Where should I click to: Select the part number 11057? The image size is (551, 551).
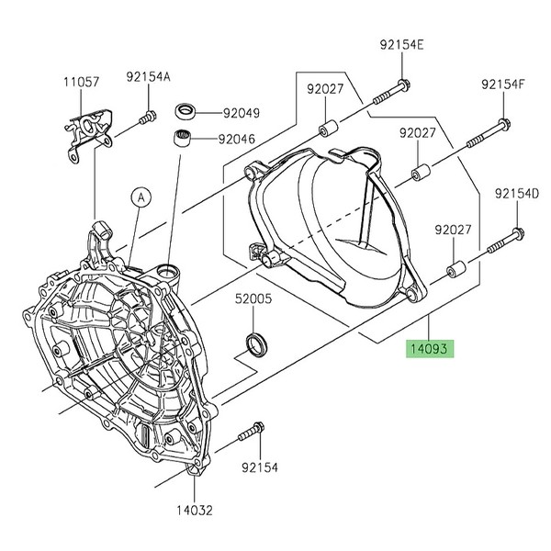pos(82,82)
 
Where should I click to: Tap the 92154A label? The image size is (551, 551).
pos(148,79)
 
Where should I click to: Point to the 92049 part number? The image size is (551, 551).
pos(240,114)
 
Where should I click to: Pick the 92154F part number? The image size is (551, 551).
pos(502,84)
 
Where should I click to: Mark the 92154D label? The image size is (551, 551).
pos(516,194)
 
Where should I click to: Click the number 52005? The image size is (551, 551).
pos(252,298)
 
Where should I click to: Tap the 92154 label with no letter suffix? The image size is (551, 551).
pos(260,467)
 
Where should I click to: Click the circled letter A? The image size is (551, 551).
pos(140,196)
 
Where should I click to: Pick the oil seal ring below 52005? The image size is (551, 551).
pos(255,344)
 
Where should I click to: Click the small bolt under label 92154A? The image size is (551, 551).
pos(145,117)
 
